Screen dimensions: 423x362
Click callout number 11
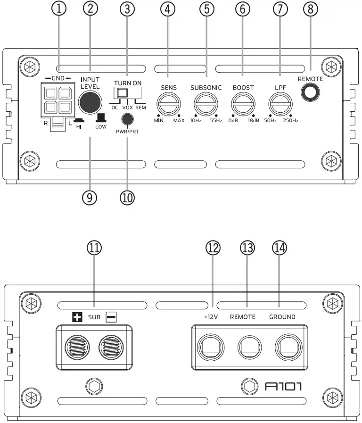(x=95, y=248)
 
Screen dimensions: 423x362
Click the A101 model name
(x=283, y=387)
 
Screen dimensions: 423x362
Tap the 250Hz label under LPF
(x=291, y=121)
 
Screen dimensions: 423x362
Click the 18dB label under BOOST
(x=254, y=121)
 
